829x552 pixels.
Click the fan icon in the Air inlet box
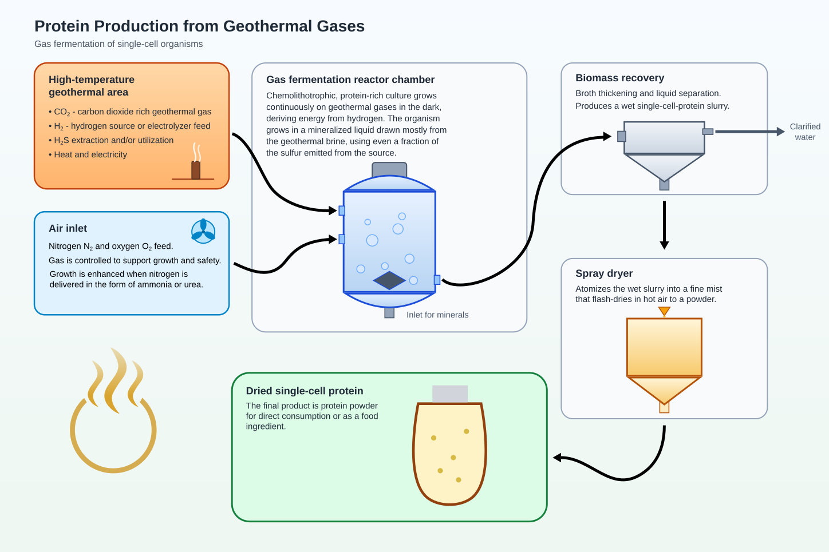(x=203, y=232)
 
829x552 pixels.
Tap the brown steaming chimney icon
(x=196, y=162)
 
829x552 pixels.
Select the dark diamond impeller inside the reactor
(x=389, y=280)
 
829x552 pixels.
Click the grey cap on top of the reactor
(x=389, y=169)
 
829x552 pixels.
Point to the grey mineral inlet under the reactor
(x=389, y=313)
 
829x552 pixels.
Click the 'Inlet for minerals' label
(x=437, y=315)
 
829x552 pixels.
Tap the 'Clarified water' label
(x=805, y=132)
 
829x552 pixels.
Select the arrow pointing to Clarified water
(x=750, y=132)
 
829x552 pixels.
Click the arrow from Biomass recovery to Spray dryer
(x=664, y=225)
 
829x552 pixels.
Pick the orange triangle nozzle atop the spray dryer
(x=664, y=311)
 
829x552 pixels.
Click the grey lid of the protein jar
(x=450, y=394)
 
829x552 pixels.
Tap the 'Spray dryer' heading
(x=604, y=273)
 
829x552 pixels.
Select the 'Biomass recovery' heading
(x=620, y=78)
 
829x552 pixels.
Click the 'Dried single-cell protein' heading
(x=305, y=391)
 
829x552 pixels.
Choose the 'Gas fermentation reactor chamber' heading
(x=350, y=80)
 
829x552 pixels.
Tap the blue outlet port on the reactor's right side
(x=437, y=280)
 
